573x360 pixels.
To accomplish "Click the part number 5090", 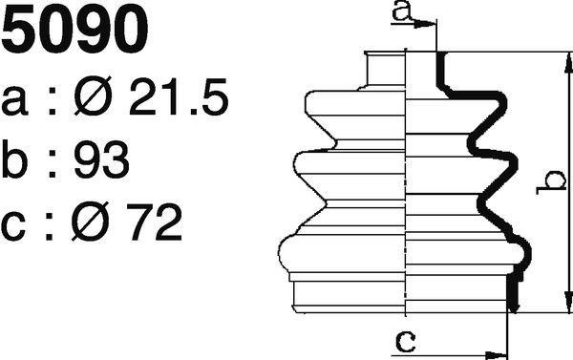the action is (x=74, y=30).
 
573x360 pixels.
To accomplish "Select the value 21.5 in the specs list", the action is (x=179, y=96).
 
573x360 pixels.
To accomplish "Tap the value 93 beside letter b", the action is (x=102, y=159).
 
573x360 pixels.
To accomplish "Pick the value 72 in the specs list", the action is (x=154, y=222).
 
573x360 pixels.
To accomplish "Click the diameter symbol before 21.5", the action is (x=93, y=95).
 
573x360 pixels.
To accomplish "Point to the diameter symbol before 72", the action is (x=91, y=222).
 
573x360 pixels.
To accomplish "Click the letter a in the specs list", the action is (x=14, y=101).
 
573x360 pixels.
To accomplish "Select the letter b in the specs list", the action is (x=14, y=159).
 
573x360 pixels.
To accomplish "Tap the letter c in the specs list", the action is (x=13, y=226).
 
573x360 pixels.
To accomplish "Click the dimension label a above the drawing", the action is (x=402, y=11).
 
